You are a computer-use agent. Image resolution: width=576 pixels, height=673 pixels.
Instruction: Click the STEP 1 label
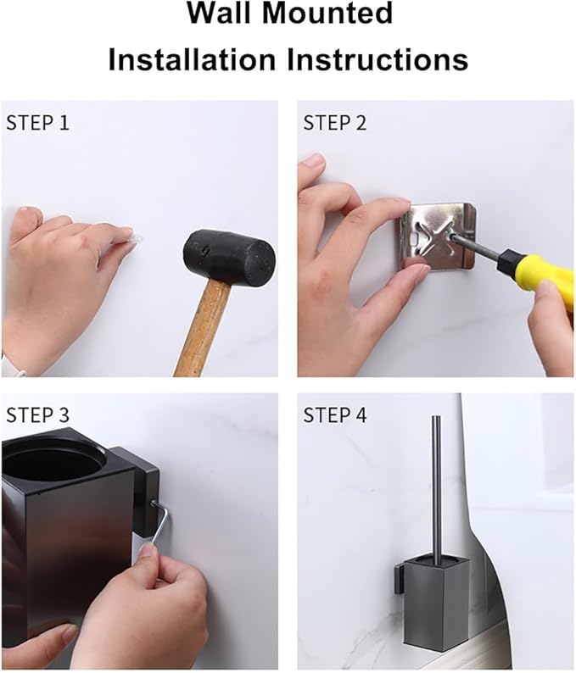(x=38, y=122)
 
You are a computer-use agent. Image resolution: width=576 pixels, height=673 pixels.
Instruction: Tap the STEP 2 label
(x=335, y=122)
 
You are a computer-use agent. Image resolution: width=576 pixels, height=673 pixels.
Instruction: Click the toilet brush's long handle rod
(x=436, y=483)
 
